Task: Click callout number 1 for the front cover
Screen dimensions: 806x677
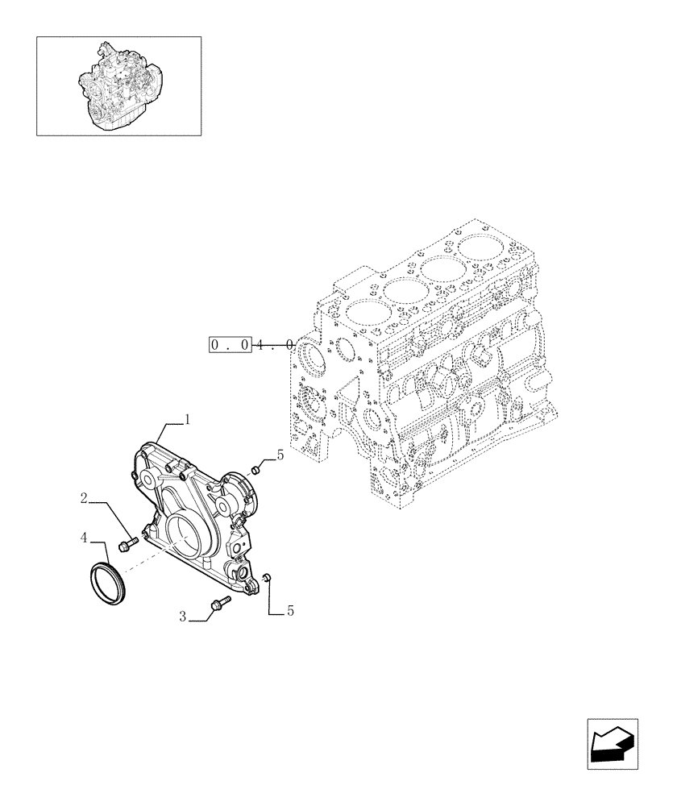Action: click(x=187, y=419)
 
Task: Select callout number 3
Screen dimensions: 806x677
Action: click(x=183, y=617)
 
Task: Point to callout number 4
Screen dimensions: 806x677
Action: click(x=83, y=536)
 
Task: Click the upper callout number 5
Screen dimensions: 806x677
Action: click(x=280, y=455)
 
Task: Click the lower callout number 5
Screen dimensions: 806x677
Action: click(x=290, y=612)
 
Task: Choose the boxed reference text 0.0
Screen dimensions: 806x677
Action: click(x=231, y=345)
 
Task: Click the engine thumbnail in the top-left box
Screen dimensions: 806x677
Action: click(x=118, y=84)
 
